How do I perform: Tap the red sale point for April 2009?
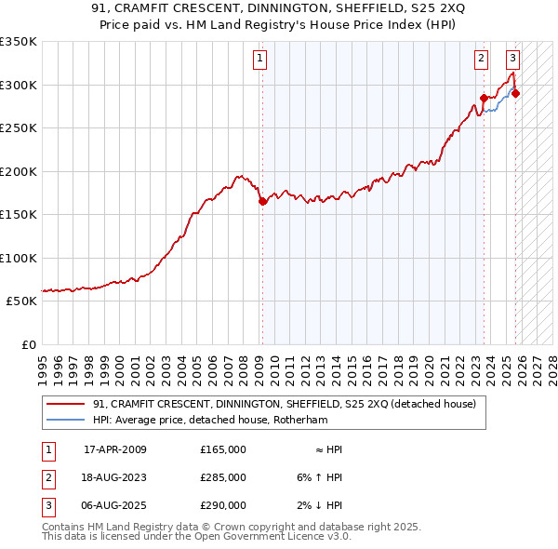tap(262, 201)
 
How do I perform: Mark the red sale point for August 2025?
tap(515, 93)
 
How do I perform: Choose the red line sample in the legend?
tap(66, 405)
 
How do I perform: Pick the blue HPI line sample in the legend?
tap(66, 420)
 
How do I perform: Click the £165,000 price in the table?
tap(223, 449)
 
